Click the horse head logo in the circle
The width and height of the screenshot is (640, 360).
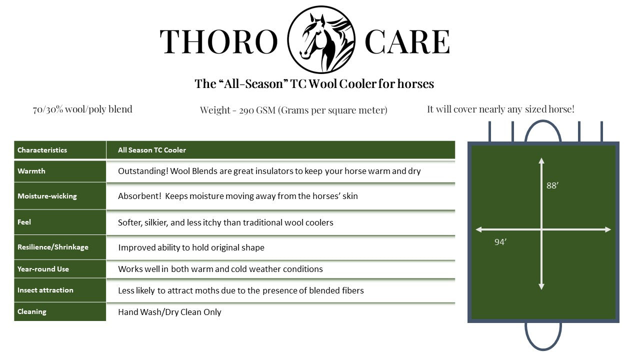[x=321, y=39]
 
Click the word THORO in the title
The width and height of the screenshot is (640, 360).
[x=218, y=41]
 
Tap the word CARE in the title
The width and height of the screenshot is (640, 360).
[x=407, y=41]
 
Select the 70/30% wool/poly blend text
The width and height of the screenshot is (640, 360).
[x=82, y=109]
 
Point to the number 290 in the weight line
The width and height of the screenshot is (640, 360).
[x=247, y=110]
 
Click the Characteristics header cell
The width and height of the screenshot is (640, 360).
[x=42, y=150]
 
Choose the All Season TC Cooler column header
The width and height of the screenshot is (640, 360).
[x=152, y=150]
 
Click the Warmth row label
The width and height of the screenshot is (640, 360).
[x=31, y=171]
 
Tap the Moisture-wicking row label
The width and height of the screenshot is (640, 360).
[x=47, y=196]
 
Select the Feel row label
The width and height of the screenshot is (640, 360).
[x=24, y=222]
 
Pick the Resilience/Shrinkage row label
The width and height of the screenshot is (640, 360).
[x=52, y=247]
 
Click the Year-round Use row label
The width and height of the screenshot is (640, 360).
[x=43, y=269]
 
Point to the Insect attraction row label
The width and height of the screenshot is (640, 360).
[x=45, y=290]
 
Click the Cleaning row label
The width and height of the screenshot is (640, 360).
[x=31, y=311]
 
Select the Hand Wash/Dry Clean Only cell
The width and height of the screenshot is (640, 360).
[x=169, y=312]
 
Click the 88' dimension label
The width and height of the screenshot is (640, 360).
[x=552, y=185]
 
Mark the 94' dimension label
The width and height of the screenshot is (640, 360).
[x=500, y=242]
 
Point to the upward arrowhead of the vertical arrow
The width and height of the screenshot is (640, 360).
[x=541, y=161]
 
